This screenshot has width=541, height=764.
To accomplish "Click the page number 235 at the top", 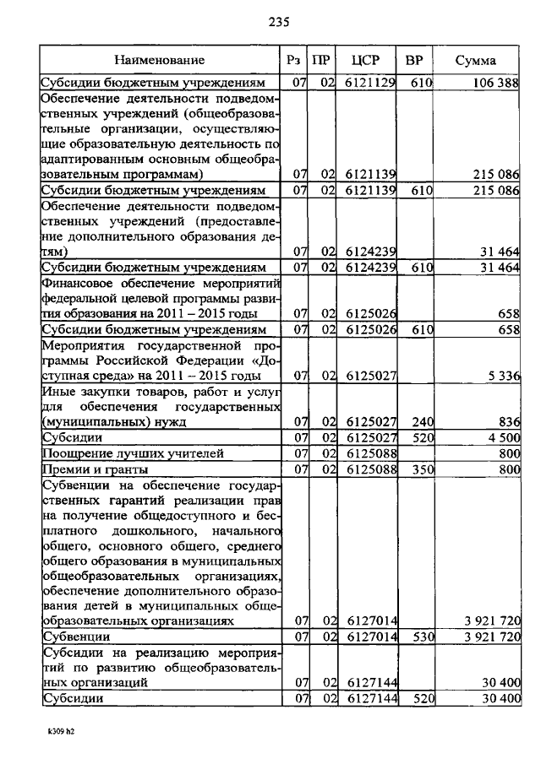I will coord(279,22).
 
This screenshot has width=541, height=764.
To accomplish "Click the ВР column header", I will coord(414,61).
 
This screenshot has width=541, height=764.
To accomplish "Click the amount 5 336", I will coord(501,375).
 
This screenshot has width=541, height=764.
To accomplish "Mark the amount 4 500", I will coord(501,437).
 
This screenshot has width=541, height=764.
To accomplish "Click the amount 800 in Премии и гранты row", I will coord(508,469).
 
